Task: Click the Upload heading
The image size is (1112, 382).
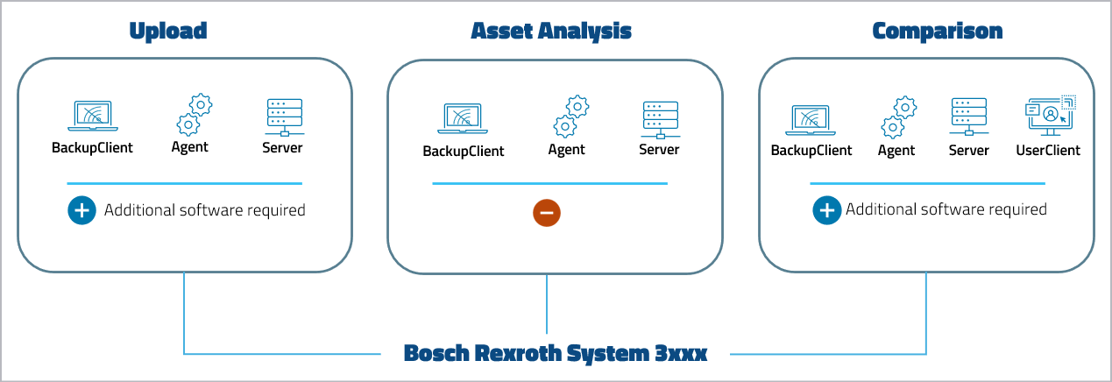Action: [x=167, y=32]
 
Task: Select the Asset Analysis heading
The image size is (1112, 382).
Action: [x=551, y=32]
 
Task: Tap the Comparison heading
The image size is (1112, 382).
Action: [x=937, y=32]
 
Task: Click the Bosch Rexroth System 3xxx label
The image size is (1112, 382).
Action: [x=555, y=353]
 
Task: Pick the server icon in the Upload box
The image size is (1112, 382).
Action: [x=283, y=117]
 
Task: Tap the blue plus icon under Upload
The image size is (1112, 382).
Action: [x=81, y=210]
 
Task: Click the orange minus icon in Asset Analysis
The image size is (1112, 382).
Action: [x=546, y=212]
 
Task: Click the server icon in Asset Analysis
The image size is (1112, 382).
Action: [x=659, y=119]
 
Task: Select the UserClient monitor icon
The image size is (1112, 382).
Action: [x=1050, y=116]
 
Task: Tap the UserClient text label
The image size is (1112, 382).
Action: [x=1048, y=151]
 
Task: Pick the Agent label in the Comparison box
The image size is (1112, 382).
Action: [x=896, y=151]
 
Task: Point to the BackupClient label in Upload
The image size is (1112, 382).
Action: [x=92, y=147]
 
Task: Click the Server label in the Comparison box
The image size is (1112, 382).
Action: [x=968, y=151]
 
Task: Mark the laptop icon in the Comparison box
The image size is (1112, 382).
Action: [x=811, y=119]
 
